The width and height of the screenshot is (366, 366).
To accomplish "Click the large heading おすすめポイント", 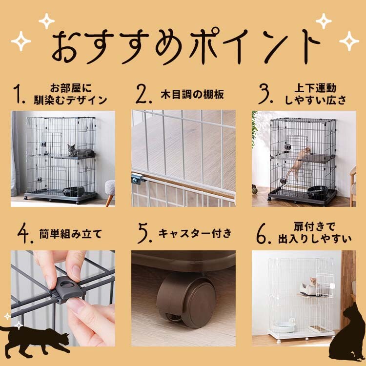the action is tap(186, 46).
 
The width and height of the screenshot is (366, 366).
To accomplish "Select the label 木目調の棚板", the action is tap(192, 94).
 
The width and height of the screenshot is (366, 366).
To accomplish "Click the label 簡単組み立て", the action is tap(71, 234).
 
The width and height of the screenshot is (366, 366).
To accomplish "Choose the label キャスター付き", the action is tap(195, 233).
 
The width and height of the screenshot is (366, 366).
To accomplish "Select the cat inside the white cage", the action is tap(314, 281).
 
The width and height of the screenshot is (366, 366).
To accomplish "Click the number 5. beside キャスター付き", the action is tap(145, 233).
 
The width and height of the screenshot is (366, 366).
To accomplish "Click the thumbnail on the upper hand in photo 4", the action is tap(76, 270).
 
